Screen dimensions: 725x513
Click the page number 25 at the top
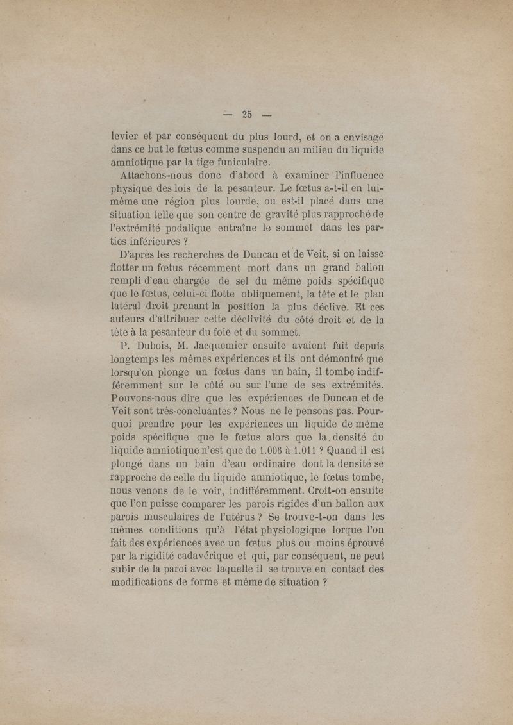pos(247,115)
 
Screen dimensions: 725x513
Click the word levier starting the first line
pos(124,136)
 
